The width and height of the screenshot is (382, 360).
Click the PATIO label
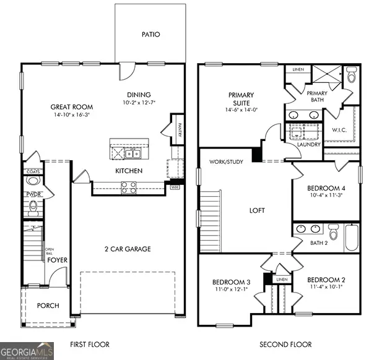pos(150,35)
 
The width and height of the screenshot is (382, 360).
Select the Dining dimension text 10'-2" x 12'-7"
pos(139,103)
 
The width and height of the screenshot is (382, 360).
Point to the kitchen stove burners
pos(129,187)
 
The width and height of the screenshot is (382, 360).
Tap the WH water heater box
pos(175,186)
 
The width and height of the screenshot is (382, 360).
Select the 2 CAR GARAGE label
pos(127,249)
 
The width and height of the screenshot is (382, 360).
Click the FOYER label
pos(58,260)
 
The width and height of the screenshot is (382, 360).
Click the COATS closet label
pos(32,171)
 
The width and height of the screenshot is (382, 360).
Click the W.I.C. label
pos(339,130)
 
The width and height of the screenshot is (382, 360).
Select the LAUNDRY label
pos(308,145)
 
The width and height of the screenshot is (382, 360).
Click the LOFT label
pos(257,210)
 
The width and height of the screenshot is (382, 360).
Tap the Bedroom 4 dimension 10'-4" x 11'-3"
pos(326,195)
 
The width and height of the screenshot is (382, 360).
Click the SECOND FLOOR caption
pos(285,345)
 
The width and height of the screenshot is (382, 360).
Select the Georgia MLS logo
pos(27,350)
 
